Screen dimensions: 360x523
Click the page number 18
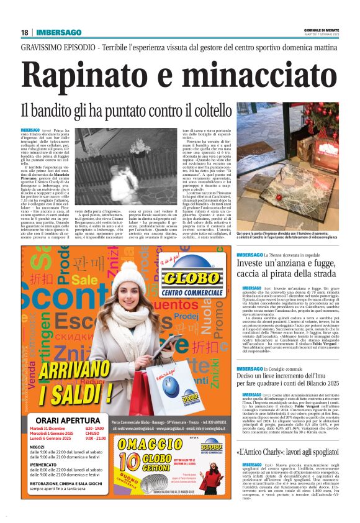[x=24, y=32]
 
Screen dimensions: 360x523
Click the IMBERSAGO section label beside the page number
[x=59, y=32]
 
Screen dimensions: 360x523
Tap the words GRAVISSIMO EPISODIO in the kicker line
[x=56, y=47]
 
